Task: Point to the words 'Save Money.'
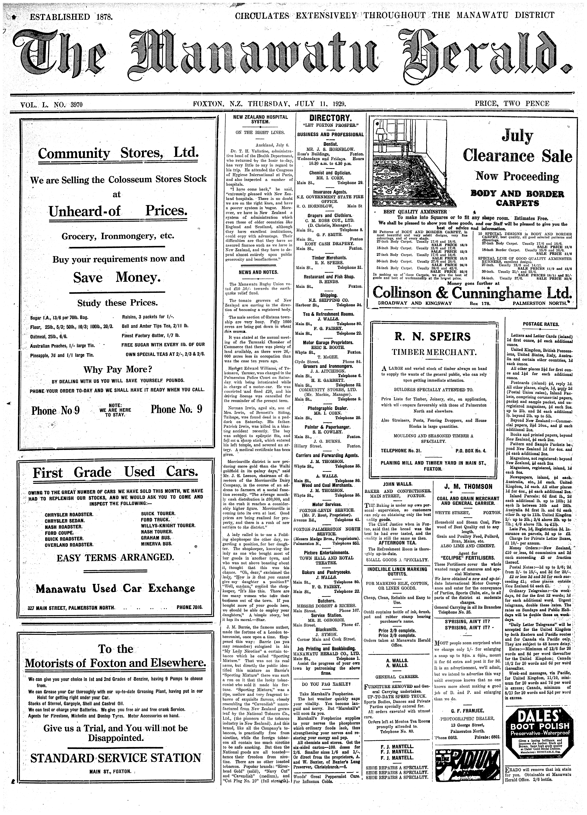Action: tap(117, 277)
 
